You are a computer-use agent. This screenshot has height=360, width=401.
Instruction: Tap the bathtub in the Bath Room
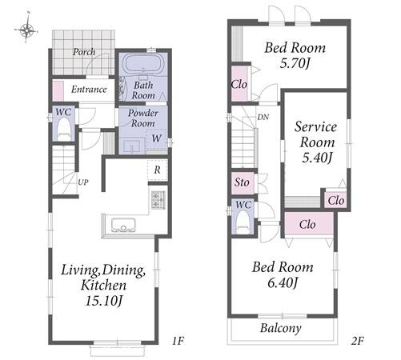click(143, 63)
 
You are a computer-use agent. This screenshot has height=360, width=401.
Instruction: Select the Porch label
click(84, 52)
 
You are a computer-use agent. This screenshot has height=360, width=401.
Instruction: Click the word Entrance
click(89, 89)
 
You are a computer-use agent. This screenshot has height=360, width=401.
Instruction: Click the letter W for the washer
click(157, 138)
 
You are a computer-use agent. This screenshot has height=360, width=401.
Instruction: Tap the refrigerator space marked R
click(158, 170)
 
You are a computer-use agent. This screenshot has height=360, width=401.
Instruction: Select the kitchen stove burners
click(158, 200)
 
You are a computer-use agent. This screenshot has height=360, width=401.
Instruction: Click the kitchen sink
click(123, 225)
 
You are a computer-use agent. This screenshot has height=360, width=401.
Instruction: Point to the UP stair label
click(83, 182)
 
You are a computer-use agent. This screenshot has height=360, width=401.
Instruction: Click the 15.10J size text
click(104, 301)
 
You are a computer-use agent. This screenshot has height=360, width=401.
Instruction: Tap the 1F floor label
click(178, 340)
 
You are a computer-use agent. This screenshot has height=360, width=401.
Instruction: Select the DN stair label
click(263, 117)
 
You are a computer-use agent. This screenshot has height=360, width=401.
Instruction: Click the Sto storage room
click(243, 182)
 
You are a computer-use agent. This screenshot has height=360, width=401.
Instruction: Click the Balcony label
click(281, 328)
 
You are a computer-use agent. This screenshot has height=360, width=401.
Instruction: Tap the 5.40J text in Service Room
click(317, 158)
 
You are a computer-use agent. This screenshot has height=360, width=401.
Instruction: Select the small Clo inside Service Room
click(336, 200)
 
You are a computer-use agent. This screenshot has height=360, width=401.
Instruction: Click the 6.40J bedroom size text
click(283, 283)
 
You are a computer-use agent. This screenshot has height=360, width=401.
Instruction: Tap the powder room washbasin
click(131, 146)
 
